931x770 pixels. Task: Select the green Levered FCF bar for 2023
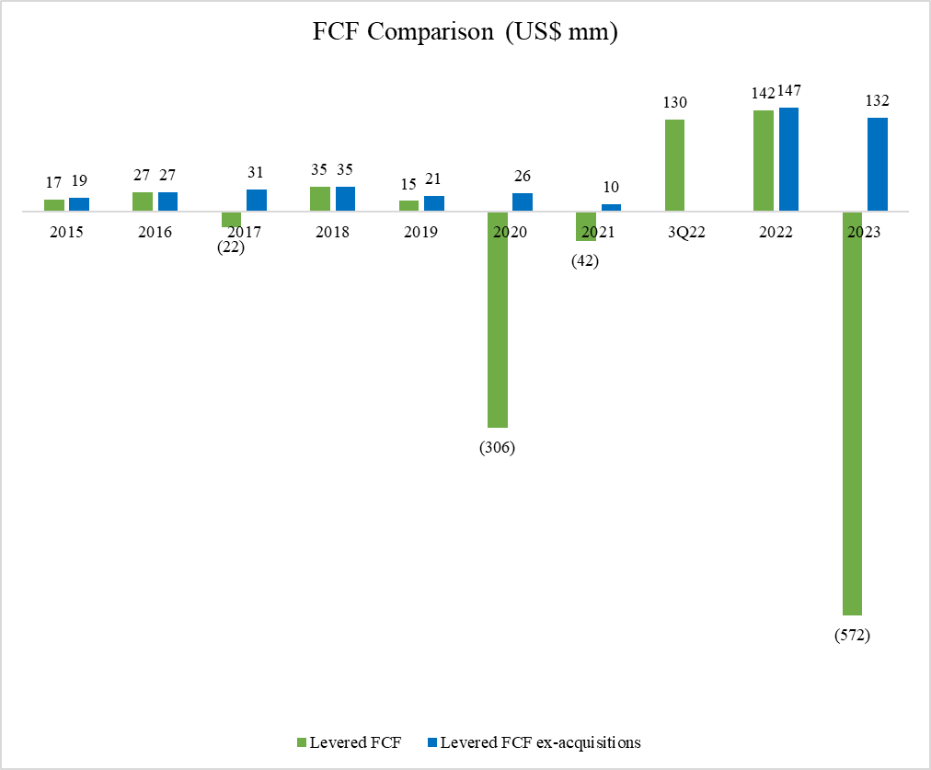tap(852, 413)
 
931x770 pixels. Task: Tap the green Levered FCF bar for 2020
tap(497, 319)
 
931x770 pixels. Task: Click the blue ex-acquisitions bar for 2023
tap(878, 165)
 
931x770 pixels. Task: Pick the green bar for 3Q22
tap(674, 166)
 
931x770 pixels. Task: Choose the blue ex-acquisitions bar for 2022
tap(788, 159)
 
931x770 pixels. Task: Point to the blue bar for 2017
tap(257, 201)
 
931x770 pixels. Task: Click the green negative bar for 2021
tap(585, 226)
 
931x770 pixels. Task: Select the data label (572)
tap(852, 635)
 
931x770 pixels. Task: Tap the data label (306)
tap(497, 448)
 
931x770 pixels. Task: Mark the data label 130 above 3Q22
tap(674, 102)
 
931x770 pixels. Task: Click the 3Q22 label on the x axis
tap(686, 233)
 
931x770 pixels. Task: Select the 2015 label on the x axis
tap(66, 233)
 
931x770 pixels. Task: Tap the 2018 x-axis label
tap(332, 233)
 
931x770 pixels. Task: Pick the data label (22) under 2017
tap(230, 247)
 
